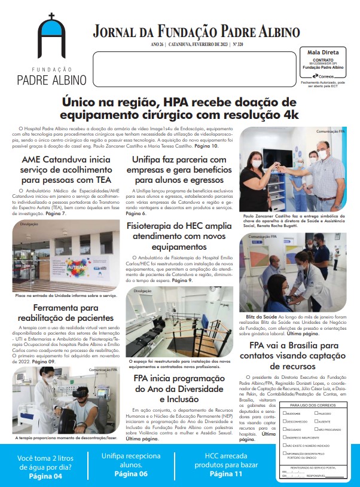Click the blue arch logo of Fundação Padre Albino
[x=51, y=38]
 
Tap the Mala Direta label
[x=322, y=53]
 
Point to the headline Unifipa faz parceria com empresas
[x=179, y=170]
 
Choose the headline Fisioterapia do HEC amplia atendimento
[x=179, y=235]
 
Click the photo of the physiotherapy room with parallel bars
[x=179, y=323]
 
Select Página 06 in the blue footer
[x=130, y=474]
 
